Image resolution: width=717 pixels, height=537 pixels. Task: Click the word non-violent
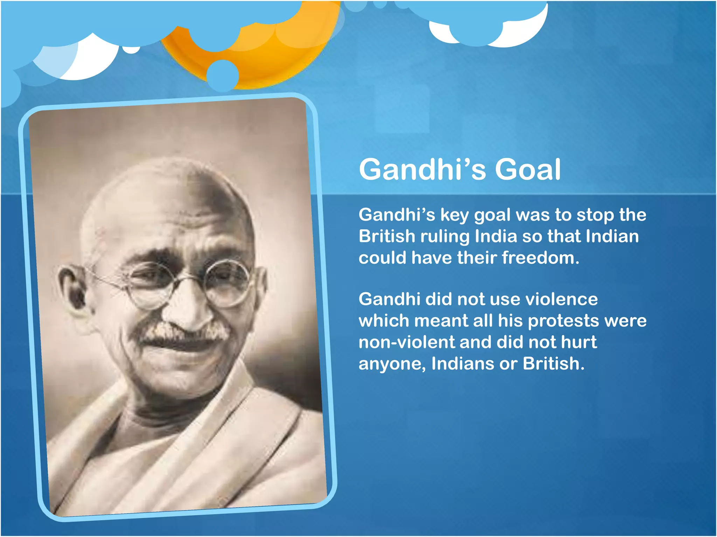pos(406,342)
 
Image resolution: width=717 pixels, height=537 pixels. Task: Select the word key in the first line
pos(454,215)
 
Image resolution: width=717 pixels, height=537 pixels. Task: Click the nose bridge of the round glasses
pos(189,278)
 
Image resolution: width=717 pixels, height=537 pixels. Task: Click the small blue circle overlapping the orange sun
pos(222,75)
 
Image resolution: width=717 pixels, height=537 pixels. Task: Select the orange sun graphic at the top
pos(266,56)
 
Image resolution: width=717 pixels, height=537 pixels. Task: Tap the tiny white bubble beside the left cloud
pos(131,49)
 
